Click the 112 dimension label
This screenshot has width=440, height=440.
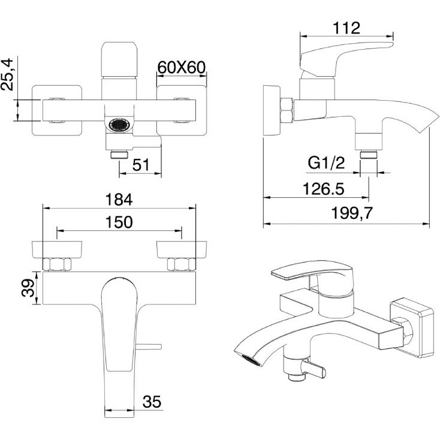point(346,28)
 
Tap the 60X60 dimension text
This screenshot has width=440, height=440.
point(181,67)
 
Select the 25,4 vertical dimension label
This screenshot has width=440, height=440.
point(7,74)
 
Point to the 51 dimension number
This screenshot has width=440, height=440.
point(141,165)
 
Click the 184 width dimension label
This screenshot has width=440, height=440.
point(119,200)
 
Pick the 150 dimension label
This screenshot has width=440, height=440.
point(119,222)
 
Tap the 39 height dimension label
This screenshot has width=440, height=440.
point(28,288)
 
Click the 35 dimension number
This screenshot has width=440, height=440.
point(152,402)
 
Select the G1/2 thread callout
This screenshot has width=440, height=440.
point(326,163)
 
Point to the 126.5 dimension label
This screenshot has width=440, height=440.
point(323,189)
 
